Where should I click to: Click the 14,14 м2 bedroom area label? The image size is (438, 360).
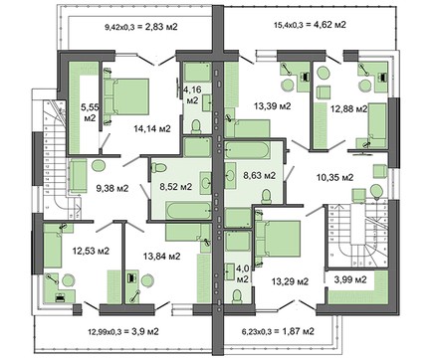(x=152, y=128)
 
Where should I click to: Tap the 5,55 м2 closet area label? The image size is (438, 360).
(x=89, y=112)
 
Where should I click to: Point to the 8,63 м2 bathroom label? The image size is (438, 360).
(x=260, y=175)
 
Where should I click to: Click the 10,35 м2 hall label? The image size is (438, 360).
(x=334, y=177)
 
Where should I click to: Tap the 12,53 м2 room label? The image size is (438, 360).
(x=91, y=251)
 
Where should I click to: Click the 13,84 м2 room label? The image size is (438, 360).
(x=162, y=256)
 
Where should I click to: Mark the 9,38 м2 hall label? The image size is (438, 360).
(x=112, y=188)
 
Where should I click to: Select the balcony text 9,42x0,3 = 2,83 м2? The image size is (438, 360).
(x=141, y=27)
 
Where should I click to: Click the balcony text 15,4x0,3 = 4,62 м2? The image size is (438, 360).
(x=311, y=24)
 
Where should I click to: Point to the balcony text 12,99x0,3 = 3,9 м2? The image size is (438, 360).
(x=123, y=331)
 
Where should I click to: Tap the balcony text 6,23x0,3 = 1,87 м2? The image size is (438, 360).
(x=277, y=331)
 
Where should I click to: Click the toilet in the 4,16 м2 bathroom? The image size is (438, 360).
(x=196, y=126)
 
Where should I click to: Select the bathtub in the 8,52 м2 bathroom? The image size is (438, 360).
(x=188, y=210)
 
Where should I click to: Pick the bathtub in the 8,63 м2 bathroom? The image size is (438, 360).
(x=247, y=150)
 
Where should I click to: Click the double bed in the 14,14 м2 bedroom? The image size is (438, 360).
(x=126, y=96)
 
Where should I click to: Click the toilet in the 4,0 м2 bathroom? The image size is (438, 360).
(x=237, y=296)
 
